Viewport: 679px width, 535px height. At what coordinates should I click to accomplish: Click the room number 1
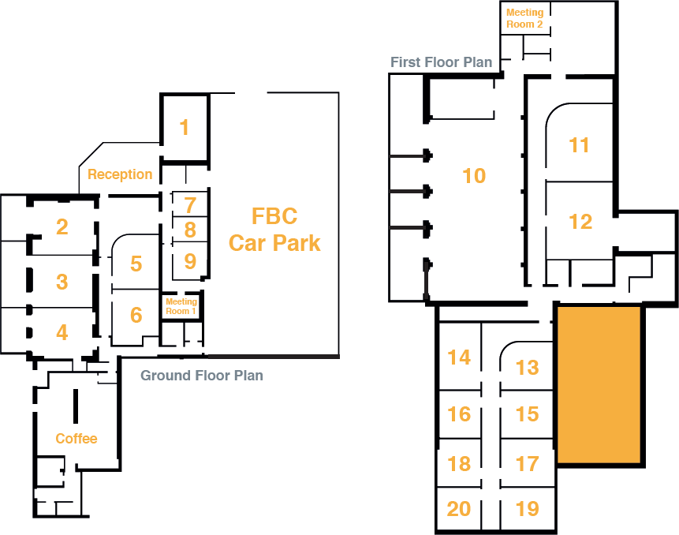click(185, 127)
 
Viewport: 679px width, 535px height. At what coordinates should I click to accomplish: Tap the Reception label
click(120, 174)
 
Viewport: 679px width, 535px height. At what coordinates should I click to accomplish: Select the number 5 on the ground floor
click(136, 263)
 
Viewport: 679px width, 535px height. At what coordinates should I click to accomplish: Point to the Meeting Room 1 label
click(181, 306)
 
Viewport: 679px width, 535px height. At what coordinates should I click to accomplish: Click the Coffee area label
click(76, 439)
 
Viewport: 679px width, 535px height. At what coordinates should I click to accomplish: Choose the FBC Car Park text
click(274, 229)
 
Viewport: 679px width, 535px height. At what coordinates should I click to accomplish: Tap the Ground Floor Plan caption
click(202, 376)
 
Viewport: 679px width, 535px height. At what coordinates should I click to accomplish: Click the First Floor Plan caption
click(442, 62)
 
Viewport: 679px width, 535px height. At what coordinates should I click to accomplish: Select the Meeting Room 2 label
click(524, 18)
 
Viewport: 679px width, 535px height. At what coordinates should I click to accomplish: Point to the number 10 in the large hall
click(474, 175)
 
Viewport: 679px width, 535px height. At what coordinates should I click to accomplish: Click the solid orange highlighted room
click(599, 384)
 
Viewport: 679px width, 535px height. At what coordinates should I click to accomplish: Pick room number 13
click(528, 367)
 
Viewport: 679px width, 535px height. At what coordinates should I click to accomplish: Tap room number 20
click(459, 509)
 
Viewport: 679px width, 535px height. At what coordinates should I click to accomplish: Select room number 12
click(580, 222)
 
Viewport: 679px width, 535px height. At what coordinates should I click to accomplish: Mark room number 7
click(190, 205)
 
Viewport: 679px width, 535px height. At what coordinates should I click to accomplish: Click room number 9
click(190, 260)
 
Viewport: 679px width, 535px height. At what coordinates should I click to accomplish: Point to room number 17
click(528, 462)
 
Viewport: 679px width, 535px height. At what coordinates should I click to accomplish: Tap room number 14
click(459, 357)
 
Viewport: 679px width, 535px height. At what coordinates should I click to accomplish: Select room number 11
click(580, 145)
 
